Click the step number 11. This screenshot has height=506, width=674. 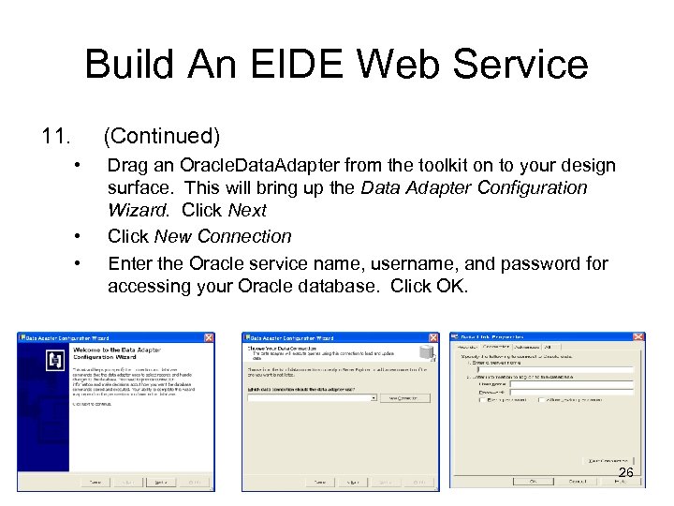55,138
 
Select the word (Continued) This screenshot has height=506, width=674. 161,138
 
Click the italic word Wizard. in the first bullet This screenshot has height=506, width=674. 140,211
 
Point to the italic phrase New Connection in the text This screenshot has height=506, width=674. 223,237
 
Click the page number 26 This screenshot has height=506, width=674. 626,474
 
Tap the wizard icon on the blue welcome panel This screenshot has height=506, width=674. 54,360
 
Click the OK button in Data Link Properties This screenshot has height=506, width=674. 532,482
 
